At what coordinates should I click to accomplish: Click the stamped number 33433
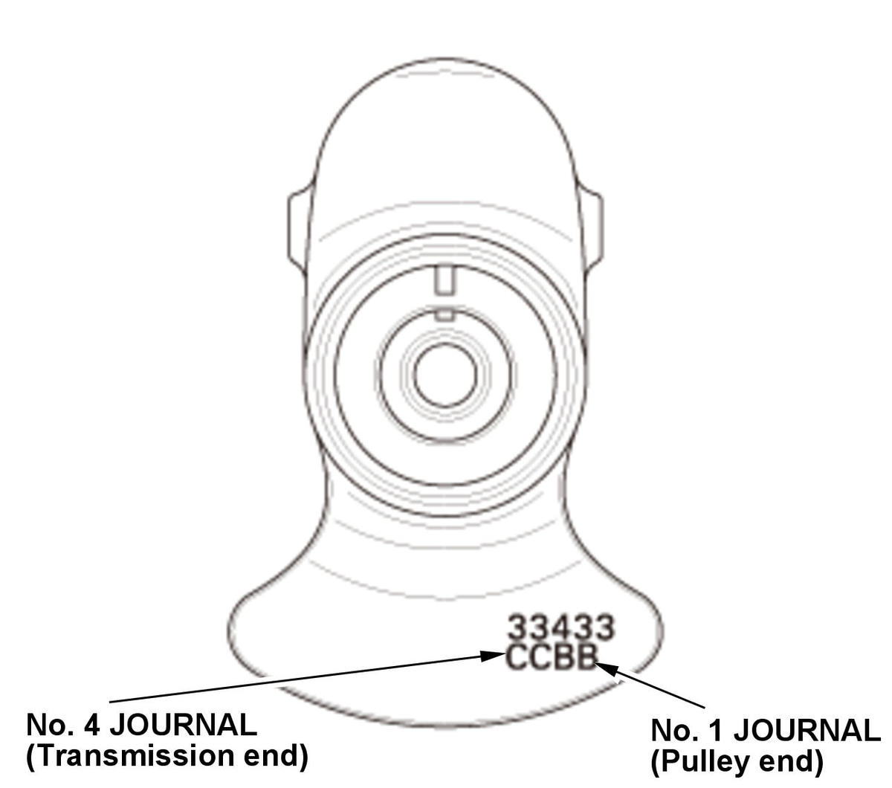point(560,627)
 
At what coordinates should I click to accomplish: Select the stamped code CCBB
point(551,658)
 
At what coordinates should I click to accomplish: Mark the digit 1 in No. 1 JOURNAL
point(713,731)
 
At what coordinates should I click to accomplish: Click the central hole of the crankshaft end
point(445,374)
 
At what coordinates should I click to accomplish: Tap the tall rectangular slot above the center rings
point(445,280)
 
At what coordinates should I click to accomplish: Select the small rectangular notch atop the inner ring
point(445,314)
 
